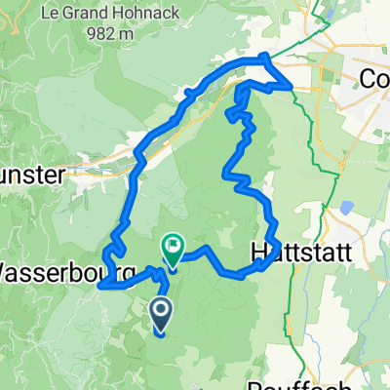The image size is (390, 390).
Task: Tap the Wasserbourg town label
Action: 60,269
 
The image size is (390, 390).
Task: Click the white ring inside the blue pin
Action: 162,311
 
